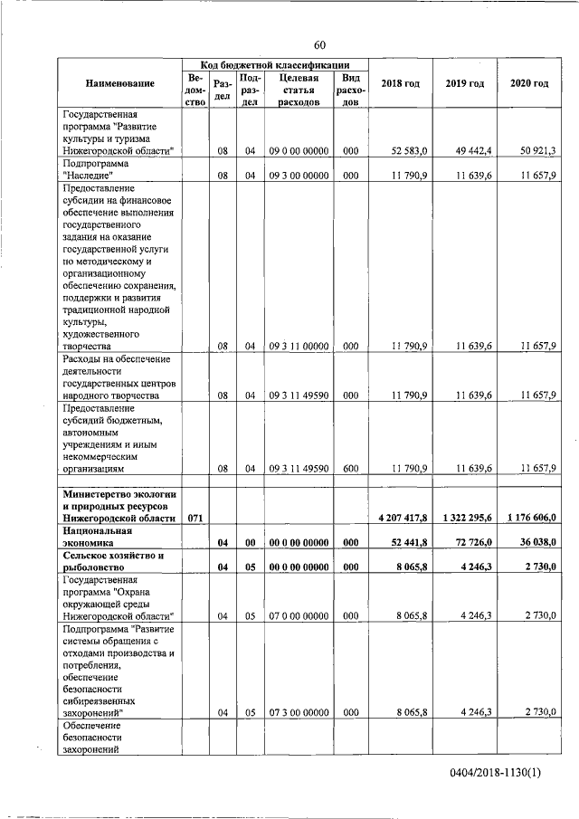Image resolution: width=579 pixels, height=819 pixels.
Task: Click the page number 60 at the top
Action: (320, 45)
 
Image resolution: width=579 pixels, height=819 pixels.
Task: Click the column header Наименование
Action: (120, 83)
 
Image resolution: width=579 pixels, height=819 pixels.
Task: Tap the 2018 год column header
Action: (400, 83)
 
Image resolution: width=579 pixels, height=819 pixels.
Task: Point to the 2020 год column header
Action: (528, 83)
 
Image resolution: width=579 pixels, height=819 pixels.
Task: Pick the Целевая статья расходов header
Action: (299, 90)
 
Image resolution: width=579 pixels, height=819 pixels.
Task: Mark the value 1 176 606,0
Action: (532, 518)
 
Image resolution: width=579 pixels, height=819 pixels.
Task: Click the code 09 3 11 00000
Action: (299, 346)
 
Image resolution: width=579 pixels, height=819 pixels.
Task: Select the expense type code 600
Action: (351, 468)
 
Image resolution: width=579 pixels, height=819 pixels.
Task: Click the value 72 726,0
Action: (471, 542)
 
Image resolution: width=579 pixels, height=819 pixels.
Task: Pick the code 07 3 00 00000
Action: (299, 712)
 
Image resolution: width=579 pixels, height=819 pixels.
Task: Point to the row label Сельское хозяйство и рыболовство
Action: (113, 561)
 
